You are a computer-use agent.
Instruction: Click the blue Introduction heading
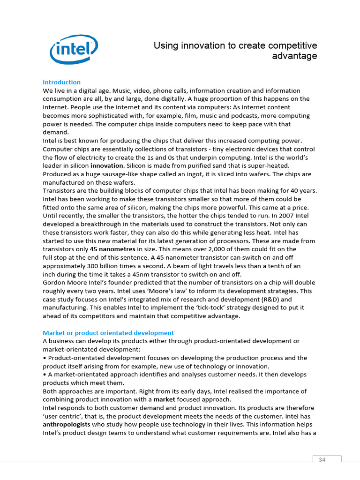(61, 82)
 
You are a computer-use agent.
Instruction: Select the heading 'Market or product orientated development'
(108, 333)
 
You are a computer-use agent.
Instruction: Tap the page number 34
(322, 459)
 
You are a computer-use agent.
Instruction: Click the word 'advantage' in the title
(294, 56)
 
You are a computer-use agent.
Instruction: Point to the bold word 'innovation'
(107, 166)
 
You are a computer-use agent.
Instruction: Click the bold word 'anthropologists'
(66, 425)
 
